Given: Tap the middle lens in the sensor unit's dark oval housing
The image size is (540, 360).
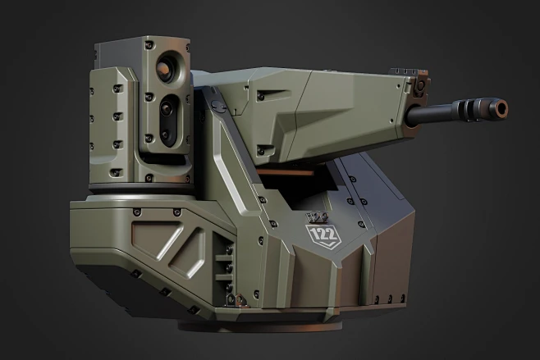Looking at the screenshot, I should pos(167,107).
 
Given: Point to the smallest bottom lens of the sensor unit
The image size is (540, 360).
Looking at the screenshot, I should pos(165,134).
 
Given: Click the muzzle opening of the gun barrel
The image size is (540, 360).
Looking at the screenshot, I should pos(500,107).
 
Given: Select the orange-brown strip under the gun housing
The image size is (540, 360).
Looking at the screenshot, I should pos(295,173).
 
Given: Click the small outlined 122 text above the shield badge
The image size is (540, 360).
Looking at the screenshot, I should pos(315,217).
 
